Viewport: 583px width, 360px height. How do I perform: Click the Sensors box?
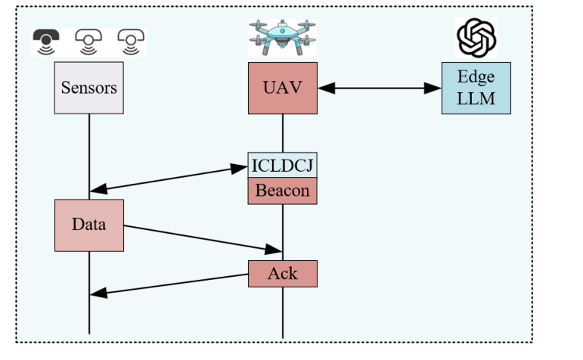click(x=89, y=88)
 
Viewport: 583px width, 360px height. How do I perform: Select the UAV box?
click(x=283, y=88)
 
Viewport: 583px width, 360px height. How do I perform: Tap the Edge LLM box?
click(x=476, y=88)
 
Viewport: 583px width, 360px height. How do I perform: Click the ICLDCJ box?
click(x=283, y=165)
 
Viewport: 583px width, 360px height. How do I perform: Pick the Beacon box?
click(x=283, y=191)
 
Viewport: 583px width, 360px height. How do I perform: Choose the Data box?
click(x=89, y=225)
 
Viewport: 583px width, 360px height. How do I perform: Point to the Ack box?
click(x=283, y=273)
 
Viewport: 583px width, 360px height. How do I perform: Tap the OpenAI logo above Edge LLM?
click(x=476, y=37)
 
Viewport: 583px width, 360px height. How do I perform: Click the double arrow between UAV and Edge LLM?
click(x=380, y=88)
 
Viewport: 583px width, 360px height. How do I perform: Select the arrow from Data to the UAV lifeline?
click(x=200, y=237)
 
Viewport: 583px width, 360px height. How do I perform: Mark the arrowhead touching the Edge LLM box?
click(x=434, y=88)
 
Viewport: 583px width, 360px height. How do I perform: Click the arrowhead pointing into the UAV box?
click(x=326, y=88)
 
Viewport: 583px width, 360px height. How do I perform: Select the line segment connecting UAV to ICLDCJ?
click(x=283, y=133)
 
